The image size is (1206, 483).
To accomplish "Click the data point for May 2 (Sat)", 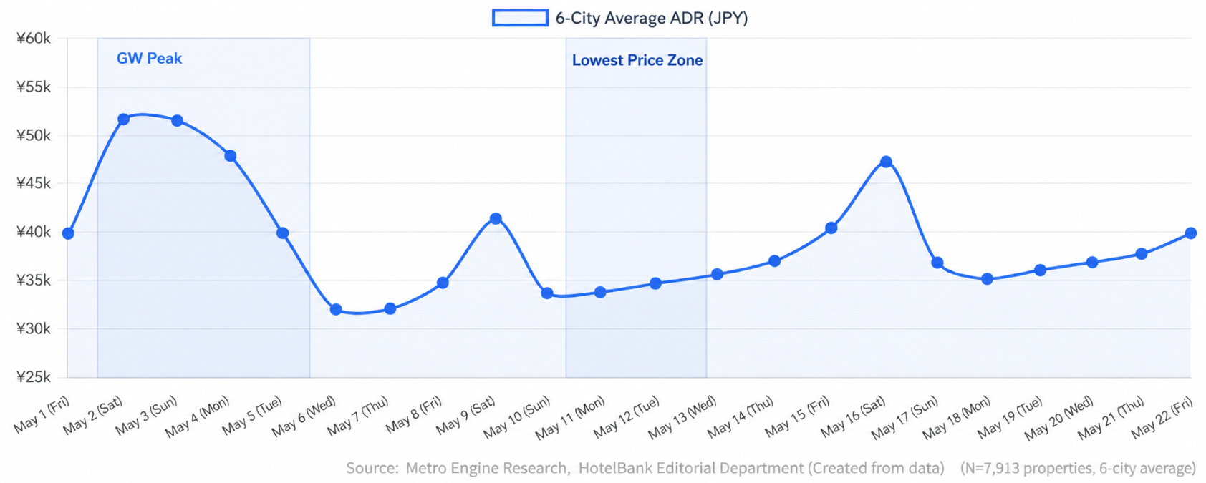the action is point(123,119).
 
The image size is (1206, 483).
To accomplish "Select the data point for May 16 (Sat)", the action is point(886,162).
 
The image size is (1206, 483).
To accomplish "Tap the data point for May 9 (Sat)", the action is point(496,218).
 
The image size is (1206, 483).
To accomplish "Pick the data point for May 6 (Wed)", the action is point(336,309).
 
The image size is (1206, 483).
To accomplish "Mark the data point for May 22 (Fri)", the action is point(1191,233).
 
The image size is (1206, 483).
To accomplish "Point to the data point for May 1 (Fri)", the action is point(68,233).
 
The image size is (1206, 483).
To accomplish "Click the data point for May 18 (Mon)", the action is point(987,278).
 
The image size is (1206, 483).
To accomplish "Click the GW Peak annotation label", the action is point(149,58).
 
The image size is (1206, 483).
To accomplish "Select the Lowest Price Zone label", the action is point(637,60).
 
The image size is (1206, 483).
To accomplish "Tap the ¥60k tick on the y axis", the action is point(34,38).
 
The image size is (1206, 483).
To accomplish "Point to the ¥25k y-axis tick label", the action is point(34,377).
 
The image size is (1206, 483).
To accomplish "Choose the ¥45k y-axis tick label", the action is point(34,183).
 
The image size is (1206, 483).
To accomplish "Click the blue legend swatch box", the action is point(520,18).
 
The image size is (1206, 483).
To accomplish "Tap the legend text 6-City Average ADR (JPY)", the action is point(652,19).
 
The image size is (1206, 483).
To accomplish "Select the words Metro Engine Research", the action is point(488,468).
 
